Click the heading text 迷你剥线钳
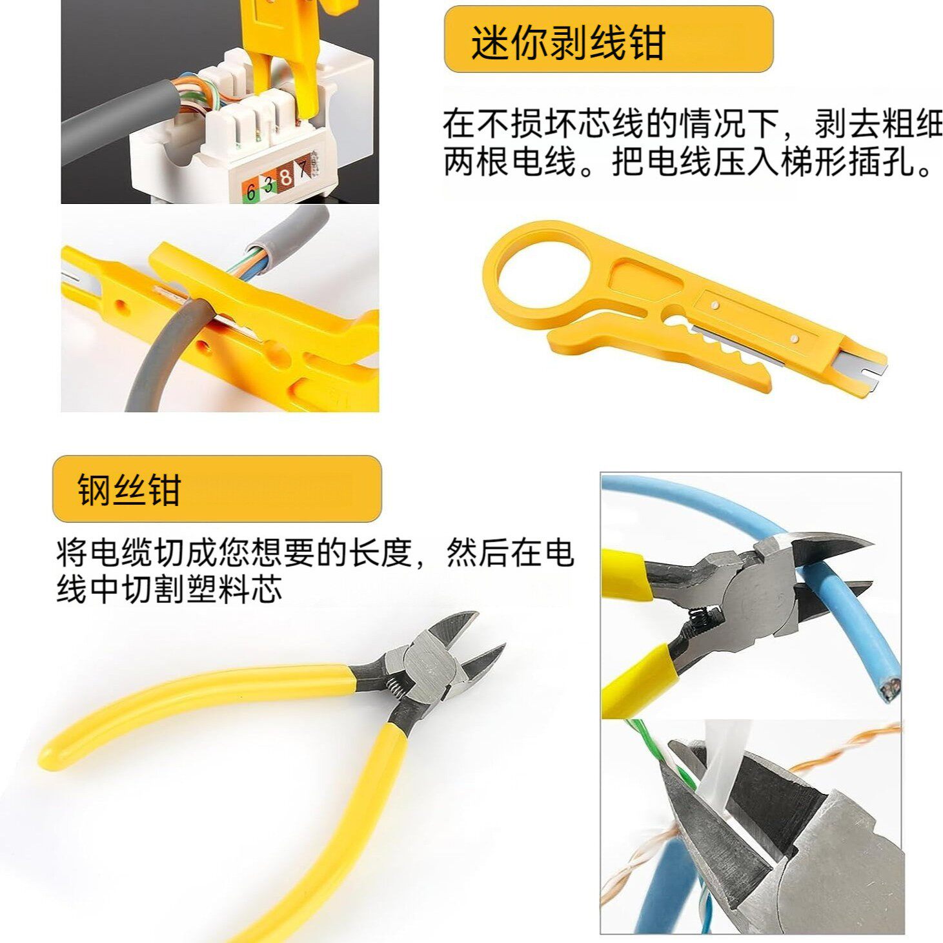(568, 43)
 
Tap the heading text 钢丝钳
(128, 489)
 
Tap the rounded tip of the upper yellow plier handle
(52, 753)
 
